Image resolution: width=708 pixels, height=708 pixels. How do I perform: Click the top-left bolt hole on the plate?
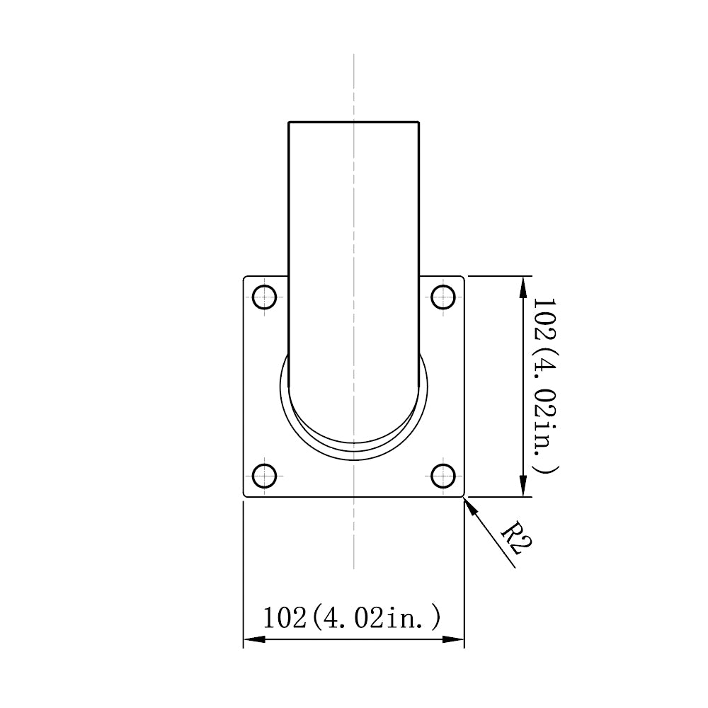pyautogui.click(x=265, y=297)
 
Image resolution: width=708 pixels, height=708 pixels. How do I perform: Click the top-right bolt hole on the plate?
pyautogui.click(x=443, y=297)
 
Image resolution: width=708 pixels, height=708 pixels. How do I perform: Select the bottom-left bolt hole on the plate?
pyautogui.click(x=265, y=476)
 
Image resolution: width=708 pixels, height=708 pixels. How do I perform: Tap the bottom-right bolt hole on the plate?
pyautogui.click(x=443, y=476)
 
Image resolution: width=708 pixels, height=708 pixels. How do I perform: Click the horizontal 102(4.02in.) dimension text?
pyautogui.click(x=352, y=617)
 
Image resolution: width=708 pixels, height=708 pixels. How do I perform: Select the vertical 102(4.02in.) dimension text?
pyautogui.click(x=544, y=386)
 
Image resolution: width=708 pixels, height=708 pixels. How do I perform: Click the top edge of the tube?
pyautogui.click(x=354, y=122)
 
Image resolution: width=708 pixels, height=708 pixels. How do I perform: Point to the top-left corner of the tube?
pyautogui.click(x=289, y=122)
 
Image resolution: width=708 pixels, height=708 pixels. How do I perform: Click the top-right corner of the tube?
pyautogui.click(x=419, y=122)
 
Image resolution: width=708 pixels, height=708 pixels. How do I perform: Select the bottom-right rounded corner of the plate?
pyautogui.click(x=463, y=496)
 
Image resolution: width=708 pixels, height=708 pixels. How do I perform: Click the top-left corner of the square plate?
pyautogui.click(x=245, y=278)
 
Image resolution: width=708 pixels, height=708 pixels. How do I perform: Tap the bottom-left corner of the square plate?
pyautogui.click(x=245, y=496)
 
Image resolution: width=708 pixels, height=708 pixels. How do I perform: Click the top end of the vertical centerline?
pyautogui.click(x=354, y=55)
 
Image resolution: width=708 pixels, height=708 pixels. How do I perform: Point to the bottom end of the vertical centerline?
pyautogui.click(x=354, y=568)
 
